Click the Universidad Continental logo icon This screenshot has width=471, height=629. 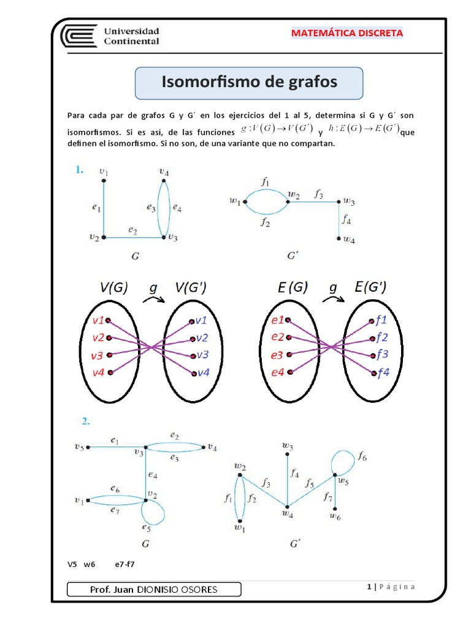click(x=78, y=36)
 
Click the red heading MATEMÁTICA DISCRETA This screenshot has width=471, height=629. click(x=347, y=33)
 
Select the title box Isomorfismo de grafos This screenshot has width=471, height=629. click(x=249, y=82)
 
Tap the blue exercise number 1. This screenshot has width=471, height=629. click(x=80, y=171)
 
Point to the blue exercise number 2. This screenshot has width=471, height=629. click(x=86, y=421)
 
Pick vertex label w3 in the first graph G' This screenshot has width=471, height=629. click(x=349, y=201)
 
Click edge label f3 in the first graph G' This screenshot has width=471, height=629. click(x=318, y=194)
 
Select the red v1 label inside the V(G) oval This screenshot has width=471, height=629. click(x=98, y=321)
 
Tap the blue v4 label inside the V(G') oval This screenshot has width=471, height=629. click(x=202, y=372)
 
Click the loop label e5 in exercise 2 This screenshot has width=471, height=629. click(x=146, y=527)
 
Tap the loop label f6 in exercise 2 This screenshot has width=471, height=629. click(x=362, y=457)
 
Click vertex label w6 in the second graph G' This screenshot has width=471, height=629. click(x=335, y=517)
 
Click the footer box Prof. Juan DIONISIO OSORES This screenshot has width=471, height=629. click(x=153, y=590)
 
